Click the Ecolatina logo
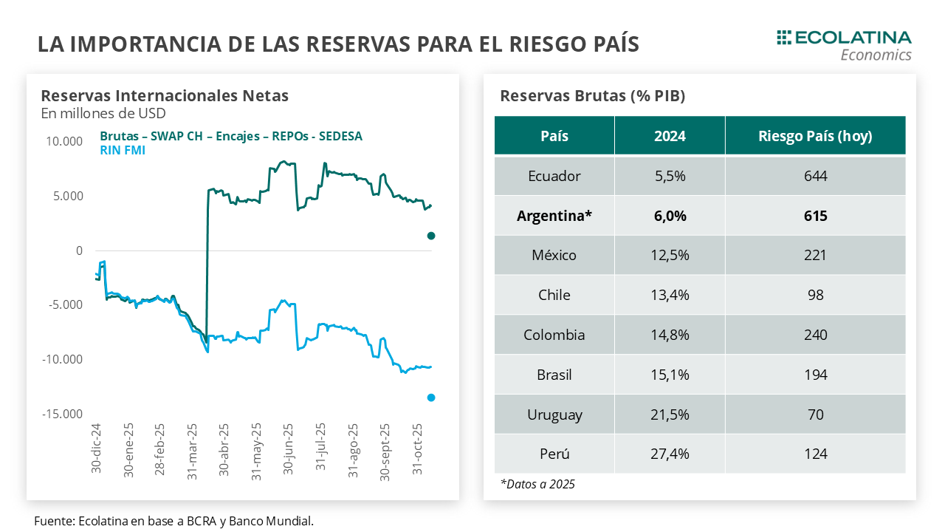pos(845,45)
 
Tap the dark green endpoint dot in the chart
pos(431,236)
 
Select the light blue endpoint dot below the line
pos(431,398)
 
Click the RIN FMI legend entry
pos(122,150)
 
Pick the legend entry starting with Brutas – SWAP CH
pos(230,136)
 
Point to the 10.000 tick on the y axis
pos(64,142)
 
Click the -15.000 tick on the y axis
pos(62,414)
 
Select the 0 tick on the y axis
pos(79,250)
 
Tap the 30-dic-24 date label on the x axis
pos(97,449)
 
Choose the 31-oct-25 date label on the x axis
pos(417,449)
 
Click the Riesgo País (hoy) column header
pos(815,136)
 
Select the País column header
pos(554,136)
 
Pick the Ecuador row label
pos(554,176)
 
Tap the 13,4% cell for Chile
pos(670,295)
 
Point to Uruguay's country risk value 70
pos(816,415)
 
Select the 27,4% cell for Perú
pos(670,454)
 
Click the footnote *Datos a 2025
pos(537,485)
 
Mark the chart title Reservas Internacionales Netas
pos(165,95)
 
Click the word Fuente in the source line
pos(52,521)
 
